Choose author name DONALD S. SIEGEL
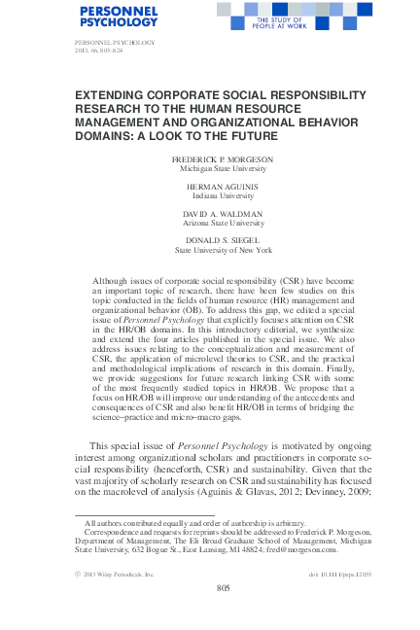pyautogui.click(x=210, y=239)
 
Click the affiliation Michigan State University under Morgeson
pyautogui.click(x=210, y=169)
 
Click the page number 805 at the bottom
pyautogui.click(x=210, y=587)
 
